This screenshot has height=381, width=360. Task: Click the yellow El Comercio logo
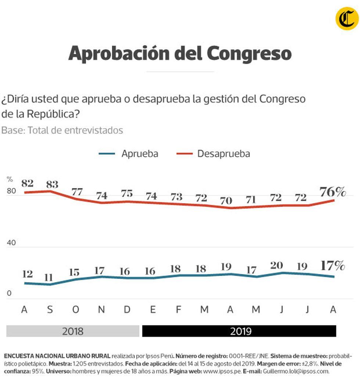pos(347,19)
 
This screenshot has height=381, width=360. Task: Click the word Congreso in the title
pos(249,54)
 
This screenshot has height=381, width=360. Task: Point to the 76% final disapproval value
pos(332,192)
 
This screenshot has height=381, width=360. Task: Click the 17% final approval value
pos(332,265)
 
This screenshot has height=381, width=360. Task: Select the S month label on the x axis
pos(50,310)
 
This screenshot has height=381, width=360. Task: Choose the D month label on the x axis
pos(127,310)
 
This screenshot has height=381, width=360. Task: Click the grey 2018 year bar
pos(73,331)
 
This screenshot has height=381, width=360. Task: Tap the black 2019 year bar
pos(239,331)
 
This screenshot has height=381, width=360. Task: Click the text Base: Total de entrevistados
pos(62,130)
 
